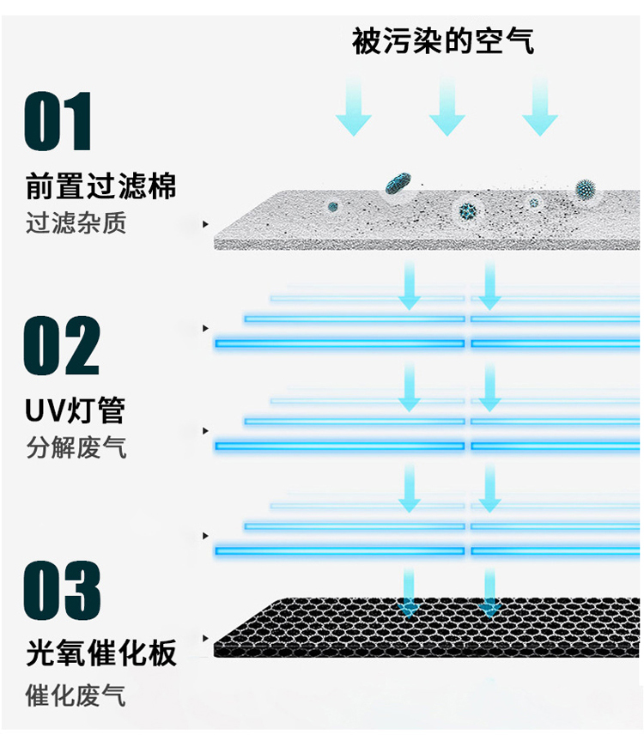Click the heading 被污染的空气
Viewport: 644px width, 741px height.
[443, 41]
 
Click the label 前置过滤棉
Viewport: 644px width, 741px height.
[100, 186]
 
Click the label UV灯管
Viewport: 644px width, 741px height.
[76, 410]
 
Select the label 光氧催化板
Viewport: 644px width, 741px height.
[100, 653]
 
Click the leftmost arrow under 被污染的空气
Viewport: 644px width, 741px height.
[353, 106]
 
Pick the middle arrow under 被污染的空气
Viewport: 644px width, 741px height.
[447, 106]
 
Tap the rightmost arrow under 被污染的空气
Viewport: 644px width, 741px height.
[540, 106]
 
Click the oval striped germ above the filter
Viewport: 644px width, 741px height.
[398, 183]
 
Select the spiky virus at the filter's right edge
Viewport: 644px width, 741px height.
[586, 189]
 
